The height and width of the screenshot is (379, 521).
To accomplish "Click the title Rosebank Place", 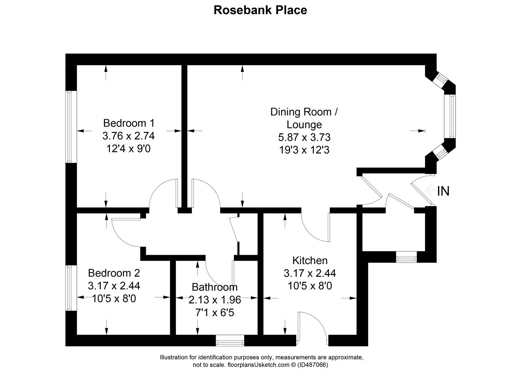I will click(260, 10).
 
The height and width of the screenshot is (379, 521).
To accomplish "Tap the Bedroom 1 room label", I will click(129, 123).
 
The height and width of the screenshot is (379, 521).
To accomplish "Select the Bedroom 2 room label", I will click(114, 273).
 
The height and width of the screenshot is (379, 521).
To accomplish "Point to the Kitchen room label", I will click(310, 260).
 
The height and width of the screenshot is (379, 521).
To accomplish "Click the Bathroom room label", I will click(215, 287).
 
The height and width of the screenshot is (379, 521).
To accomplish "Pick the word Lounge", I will click(304, 125).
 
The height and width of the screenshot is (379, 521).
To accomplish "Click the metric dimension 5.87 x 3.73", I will click(304, 137).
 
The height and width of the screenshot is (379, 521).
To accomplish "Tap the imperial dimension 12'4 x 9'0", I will click(129, 148).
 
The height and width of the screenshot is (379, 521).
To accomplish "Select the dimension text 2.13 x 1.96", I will click(215, 300).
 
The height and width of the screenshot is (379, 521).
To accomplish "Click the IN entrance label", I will click(443, 191).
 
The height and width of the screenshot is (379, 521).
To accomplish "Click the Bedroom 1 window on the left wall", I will click(69, 127).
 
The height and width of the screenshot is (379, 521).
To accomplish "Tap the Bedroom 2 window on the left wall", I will click(69, 288).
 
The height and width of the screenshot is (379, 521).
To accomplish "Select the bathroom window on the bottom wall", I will click(230, 340).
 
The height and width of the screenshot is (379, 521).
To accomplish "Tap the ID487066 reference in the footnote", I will click(313, 365).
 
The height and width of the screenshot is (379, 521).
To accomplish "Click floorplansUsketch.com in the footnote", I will click(258, 365).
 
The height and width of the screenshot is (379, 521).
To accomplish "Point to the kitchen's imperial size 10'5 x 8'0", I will click(310, 286).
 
